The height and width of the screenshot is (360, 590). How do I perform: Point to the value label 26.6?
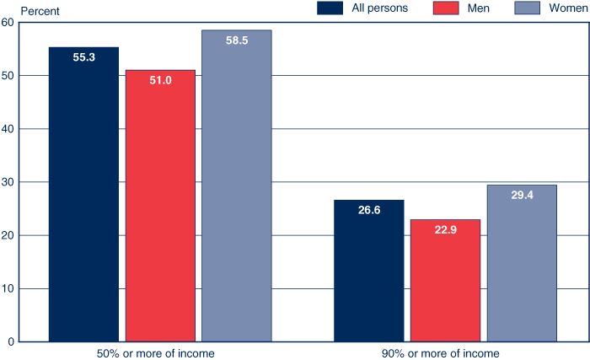pyautogui.click(x=368, y=210)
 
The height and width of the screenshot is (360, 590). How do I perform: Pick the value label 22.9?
pyautogui.click(x=445, y=230)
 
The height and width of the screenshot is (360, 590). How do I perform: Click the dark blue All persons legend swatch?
pyautogui.click(x=330, y=8)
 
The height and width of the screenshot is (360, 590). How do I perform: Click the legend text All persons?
pyautogui.click(x=379, y=8)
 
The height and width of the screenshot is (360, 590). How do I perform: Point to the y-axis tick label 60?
pyautogui.click(x=8, y=23)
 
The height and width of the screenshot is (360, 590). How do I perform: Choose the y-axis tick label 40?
pyautogui.click(x=8, y=129)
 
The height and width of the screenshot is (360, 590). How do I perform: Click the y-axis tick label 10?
pyautogui.click(x=8, y=288)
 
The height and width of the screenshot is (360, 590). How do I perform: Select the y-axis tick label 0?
pyautogui.click(x=10, y=341)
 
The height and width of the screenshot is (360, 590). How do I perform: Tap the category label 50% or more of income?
pyautogui.click(x=160, y=353)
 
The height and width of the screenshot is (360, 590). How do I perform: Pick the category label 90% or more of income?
pyautogui.click(x=445, y=353)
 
